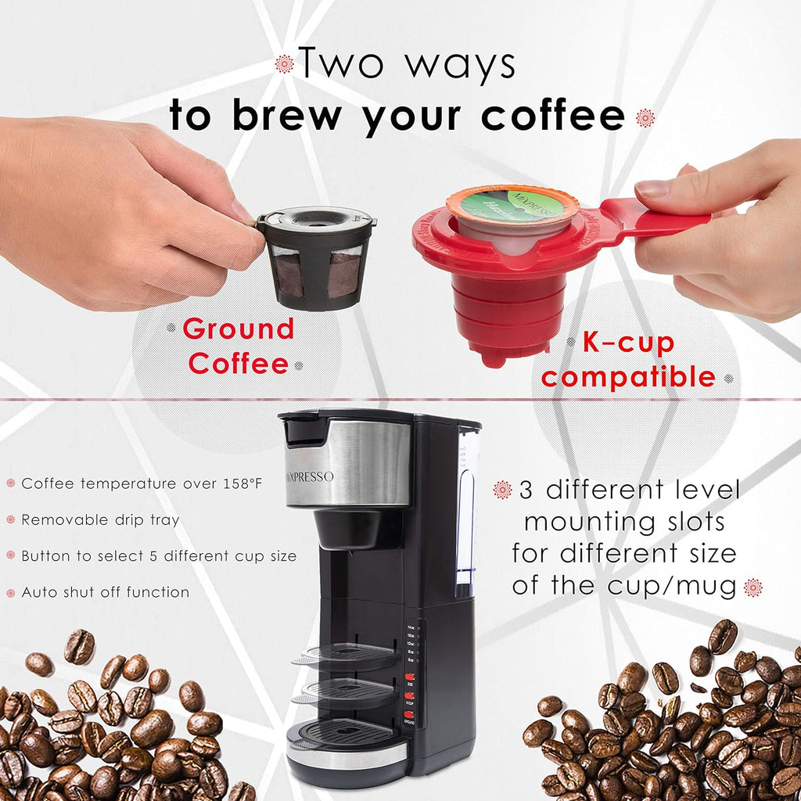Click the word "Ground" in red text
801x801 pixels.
coord(238,329)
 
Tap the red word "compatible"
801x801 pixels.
coord(628,377)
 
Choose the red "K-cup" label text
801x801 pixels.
coord(628,342)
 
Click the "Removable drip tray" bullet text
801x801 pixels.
coord(100,519)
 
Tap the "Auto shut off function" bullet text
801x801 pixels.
coord(105,592)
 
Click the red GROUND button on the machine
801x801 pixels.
coord(410,717)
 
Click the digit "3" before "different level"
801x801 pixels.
coord(525,490)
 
